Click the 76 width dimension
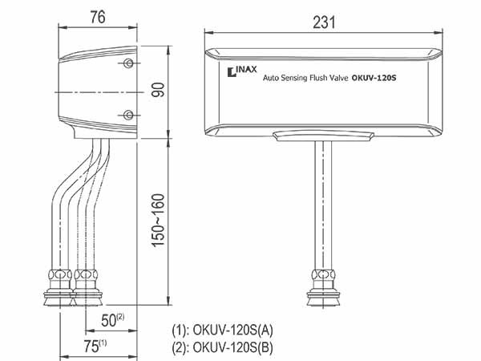(98, 17)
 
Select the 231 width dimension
(324, 22)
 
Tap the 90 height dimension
(158, 90)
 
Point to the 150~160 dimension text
(158, 221)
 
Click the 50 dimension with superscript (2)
(112, 320)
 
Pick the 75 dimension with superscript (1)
(95, 346)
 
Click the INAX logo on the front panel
(242, 71)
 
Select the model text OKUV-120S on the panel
(374, 78)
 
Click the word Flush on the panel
(318, 78)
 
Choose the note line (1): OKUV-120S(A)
(222, 331)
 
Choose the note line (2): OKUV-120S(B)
(222, 347)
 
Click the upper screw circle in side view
(128, 63)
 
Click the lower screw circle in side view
(128, 115)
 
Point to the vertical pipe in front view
(323, 205)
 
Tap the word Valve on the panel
(338, 78)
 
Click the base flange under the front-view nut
(323, 297)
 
